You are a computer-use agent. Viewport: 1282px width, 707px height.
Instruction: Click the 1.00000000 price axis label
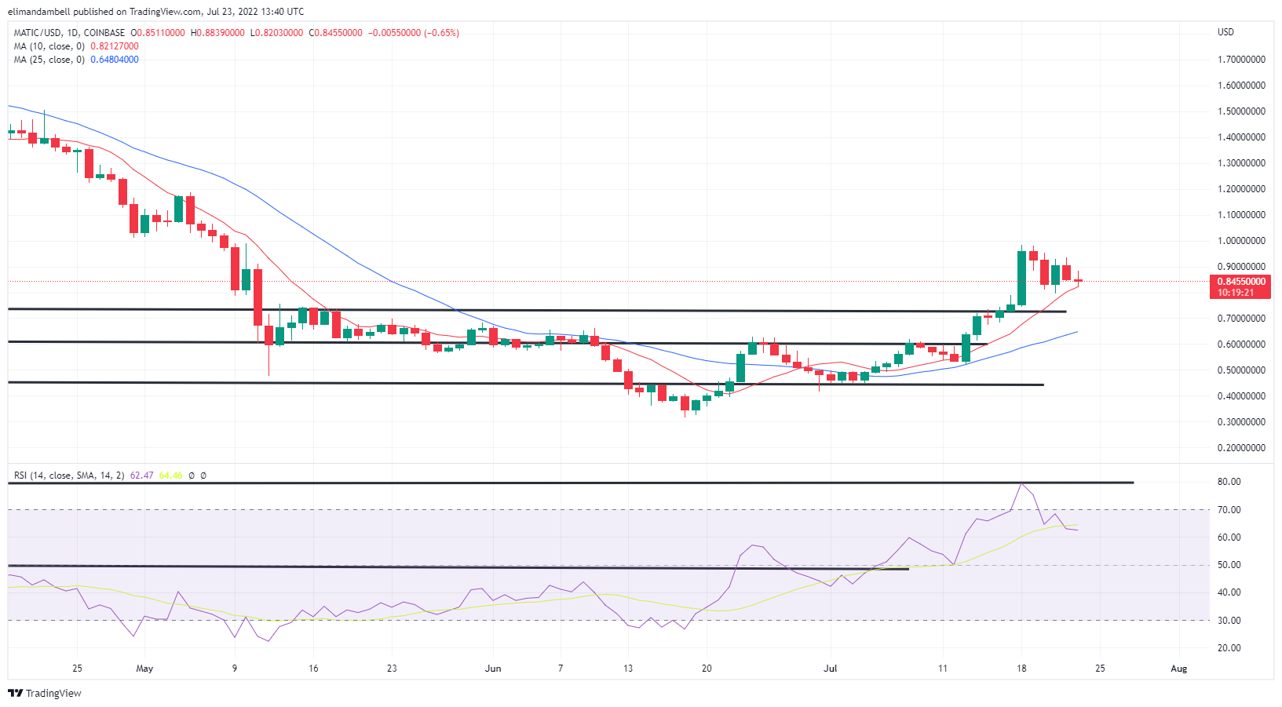1241,241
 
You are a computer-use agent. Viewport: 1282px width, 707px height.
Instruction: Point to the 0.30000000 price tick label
1241,422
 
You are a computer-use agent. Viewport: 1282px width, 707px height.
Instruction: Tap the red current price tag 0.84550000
1241,282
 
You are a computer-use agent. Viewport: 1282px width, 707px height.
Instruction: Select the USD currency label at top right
1225,32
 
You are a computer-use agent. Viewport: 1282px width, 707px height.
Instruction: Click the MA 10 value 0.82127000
115,46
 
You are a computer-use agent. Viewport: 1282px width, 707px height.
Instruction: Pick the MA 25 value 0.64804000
115,60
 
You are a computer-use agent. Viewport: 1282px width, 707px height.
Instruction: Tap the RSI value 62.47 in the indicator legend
141,476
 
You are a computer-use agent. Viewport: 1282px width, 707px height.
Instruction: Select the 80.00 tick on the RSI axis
1229,482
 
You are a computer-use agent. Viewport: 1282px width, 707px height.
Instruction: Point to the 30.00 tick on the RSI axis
1229,621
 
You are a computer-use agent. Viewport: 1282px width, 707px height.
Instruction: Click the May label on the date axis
144,669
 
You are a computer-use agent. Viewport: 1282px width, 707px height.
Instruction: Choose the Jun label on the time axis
493,669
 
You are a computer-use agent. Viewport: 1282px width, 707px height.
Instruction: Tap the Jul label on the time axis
830,669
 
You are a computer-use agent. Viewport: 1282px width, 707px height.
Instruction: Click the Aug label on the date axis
1178,669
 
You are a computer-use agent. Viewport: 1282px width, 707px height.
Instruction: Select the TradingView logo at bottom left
45,694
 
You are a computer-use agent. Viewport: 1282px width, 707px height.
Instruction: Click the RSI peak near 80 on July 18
1021,483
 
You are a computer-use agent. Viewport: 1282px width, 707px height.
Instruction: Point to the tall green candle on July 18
1021,278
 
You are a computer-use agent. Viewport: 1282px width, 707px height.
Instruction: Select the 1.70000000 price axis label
1241,60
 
